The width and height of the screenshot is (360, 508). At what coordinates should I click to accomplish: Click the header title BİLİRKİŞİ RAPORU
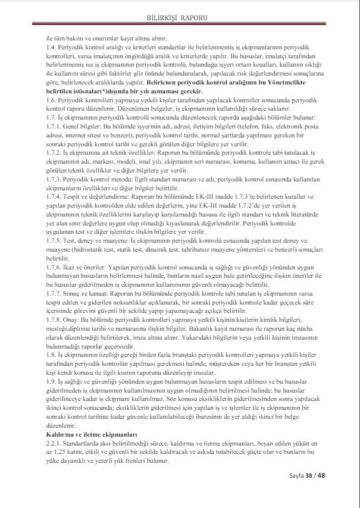[x=180, y=18]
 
